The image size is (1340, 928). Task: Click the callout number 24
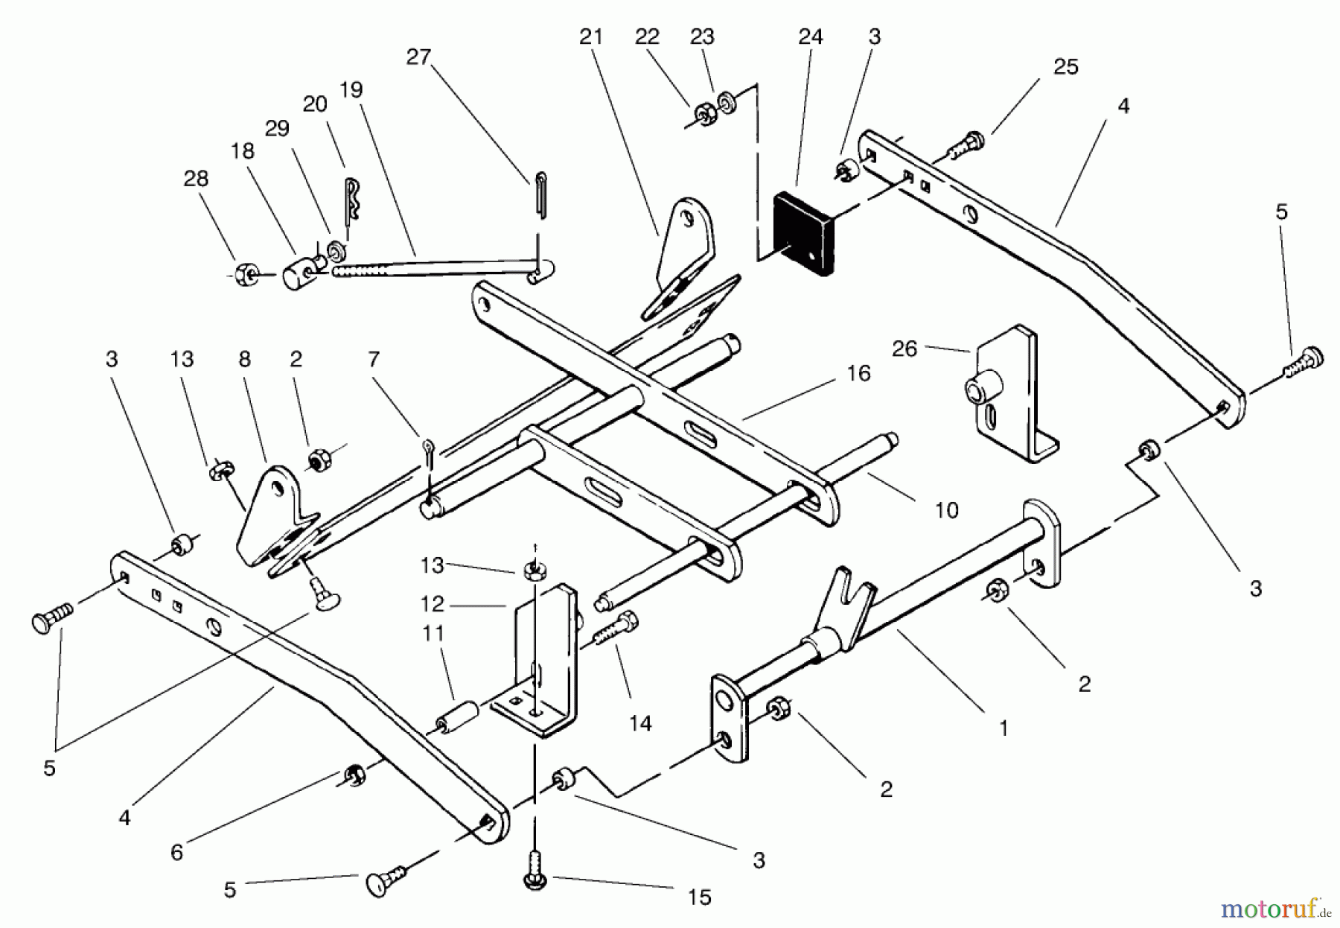tap(811, 37)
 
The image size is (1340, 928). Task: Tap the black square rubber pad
tap(805, 234)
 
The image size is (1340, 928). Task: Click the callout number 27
tap(418, 57)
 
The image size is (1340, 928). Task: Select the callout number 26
tap(904, 349)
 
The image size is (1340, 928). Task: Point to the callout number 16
tap(858, 373)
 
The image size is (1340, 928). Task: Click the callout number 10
tap(946, 510)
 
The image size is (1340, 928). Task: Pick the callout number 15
tap(700, 897)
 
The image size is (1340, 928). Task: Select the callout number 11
tap(433, 634)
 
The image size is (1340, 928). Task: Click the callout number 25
tap(1066, 67)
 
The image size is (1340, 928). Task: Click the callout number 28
tap(197, 179)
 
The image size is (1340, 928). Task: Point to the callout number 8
tap(245, 360)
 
